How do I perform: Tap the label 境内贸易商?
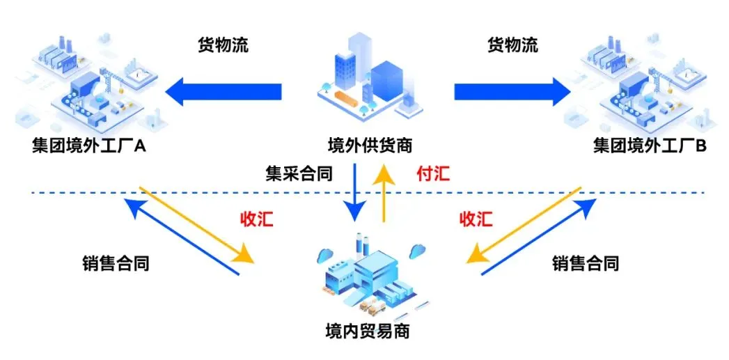click(x=368, y=331)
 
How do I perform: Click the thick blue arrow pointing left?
click(x=223, y=91)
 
